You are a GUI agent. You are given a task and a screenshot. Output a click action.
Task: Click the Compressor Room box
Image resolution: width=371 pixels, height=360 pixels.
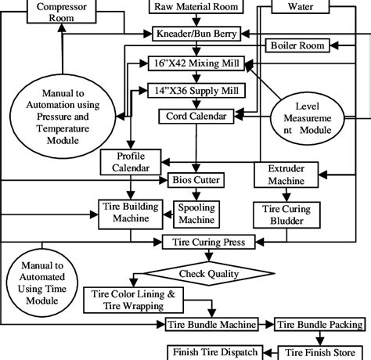pyautogui.click(x=62, y=10)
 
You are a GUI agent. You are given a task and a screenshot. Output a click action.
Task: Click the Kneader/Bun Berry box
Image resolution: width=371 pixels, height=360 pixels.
pyautogui.click(x=196, y=34)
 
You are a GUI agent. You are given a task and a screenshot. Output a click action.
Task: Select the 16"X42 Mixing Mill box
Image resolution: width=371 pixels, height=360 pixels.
pyautogui.click(x=196, y=63)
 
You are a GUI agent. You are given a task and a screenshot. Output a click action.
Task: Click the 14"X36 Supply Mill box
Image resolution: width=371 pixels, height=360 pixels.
pyautogui.click(x=196, y=90)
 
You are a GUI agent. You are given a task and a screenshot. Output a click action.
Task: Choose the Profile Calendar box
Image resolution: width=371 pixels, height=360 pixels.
pyautogui.click(x=130, y=162)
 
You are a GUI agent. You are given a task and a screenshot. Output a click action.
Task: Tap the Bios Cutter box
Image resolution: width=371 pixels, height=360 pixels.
pyautogui.click(x=196, y=180)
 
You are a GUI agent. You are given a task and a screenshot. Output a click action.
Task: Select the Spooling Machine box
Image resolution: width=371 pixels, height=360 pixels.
pyautogui.click(x=197, y=214)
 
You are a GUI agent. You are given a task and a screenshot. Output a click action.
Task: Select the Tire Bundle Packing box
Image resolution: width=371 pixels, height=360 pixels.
pyautogui.click(x=319, y=324)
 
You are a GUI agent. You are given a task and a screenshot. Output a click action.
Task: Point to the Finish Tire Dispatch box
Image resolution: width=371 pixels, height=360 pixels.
pyautogui.click(x=212, y=351)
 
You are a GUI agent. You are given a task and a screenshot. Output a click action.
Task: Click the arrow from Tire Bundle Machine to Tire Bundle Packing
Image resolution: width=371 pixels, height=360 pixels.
pyautogui.click(x=266, y=324)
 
